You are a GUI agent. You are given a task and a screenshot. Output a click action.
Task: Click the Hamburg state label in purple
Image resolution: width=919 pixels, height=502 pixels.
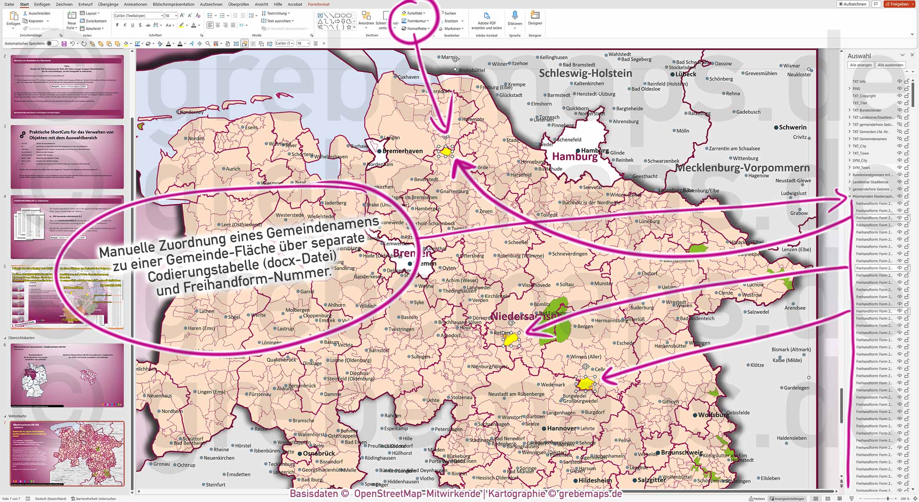coord(575,157)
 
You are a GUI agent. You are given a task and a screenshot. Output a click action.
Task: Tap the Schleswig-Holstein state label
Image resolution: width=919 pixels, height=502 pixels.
coord(585,74)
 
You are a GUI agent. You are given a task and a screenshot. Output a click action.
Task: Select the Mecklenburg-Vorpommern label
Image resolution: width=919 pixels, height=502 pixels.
coord(742,168)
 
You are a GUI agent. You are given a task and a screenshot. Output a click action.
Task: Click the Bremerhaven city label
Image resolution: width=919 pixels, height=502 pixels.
coord(402,151)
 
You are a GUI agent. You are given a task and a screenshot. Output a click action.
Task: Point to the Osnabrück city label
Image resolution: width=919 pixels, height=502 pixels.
coord(319,454)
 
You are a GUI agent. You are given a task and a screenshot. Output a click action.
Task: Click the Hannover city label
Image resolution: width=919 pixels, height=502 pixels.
coord(561,428)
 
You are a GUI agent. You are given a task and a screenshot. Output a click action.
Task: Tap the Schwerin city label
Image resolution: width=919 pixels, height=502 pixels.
coord(792,127)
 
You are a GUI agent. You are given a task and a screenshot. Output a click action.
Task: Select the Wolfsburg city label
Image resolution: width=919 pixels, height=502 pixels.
coord(713,415)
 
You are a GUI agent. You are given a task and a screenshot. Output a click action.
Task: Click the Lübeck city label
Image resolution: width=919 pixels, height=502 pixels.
coord(685,74)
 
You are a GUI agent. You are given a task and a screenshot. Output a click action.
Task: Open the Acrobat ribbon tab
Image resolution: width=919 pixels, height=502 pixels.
coord(294,4)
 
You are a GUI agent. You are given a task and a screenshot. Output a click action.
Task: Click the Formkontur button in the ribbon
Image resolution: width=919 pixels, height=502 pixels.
coord(416,21)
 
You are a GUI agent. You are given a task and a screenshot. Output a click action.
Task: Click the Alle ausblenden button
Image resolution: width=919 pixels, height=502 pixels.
coord(890,65)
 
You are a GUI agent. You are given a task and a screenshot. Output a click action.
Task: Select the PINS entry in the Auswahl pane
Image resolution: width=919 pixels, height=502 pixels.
coord(856,89)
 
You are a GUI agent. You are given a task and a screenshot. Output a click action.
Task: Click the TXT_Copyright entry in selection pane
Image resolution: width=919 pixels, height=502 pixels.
coord(864,96)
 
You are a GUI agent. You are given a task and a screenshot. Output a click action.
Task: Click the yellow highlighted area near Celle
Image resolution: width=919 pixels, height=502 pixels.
coord(586,383)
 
